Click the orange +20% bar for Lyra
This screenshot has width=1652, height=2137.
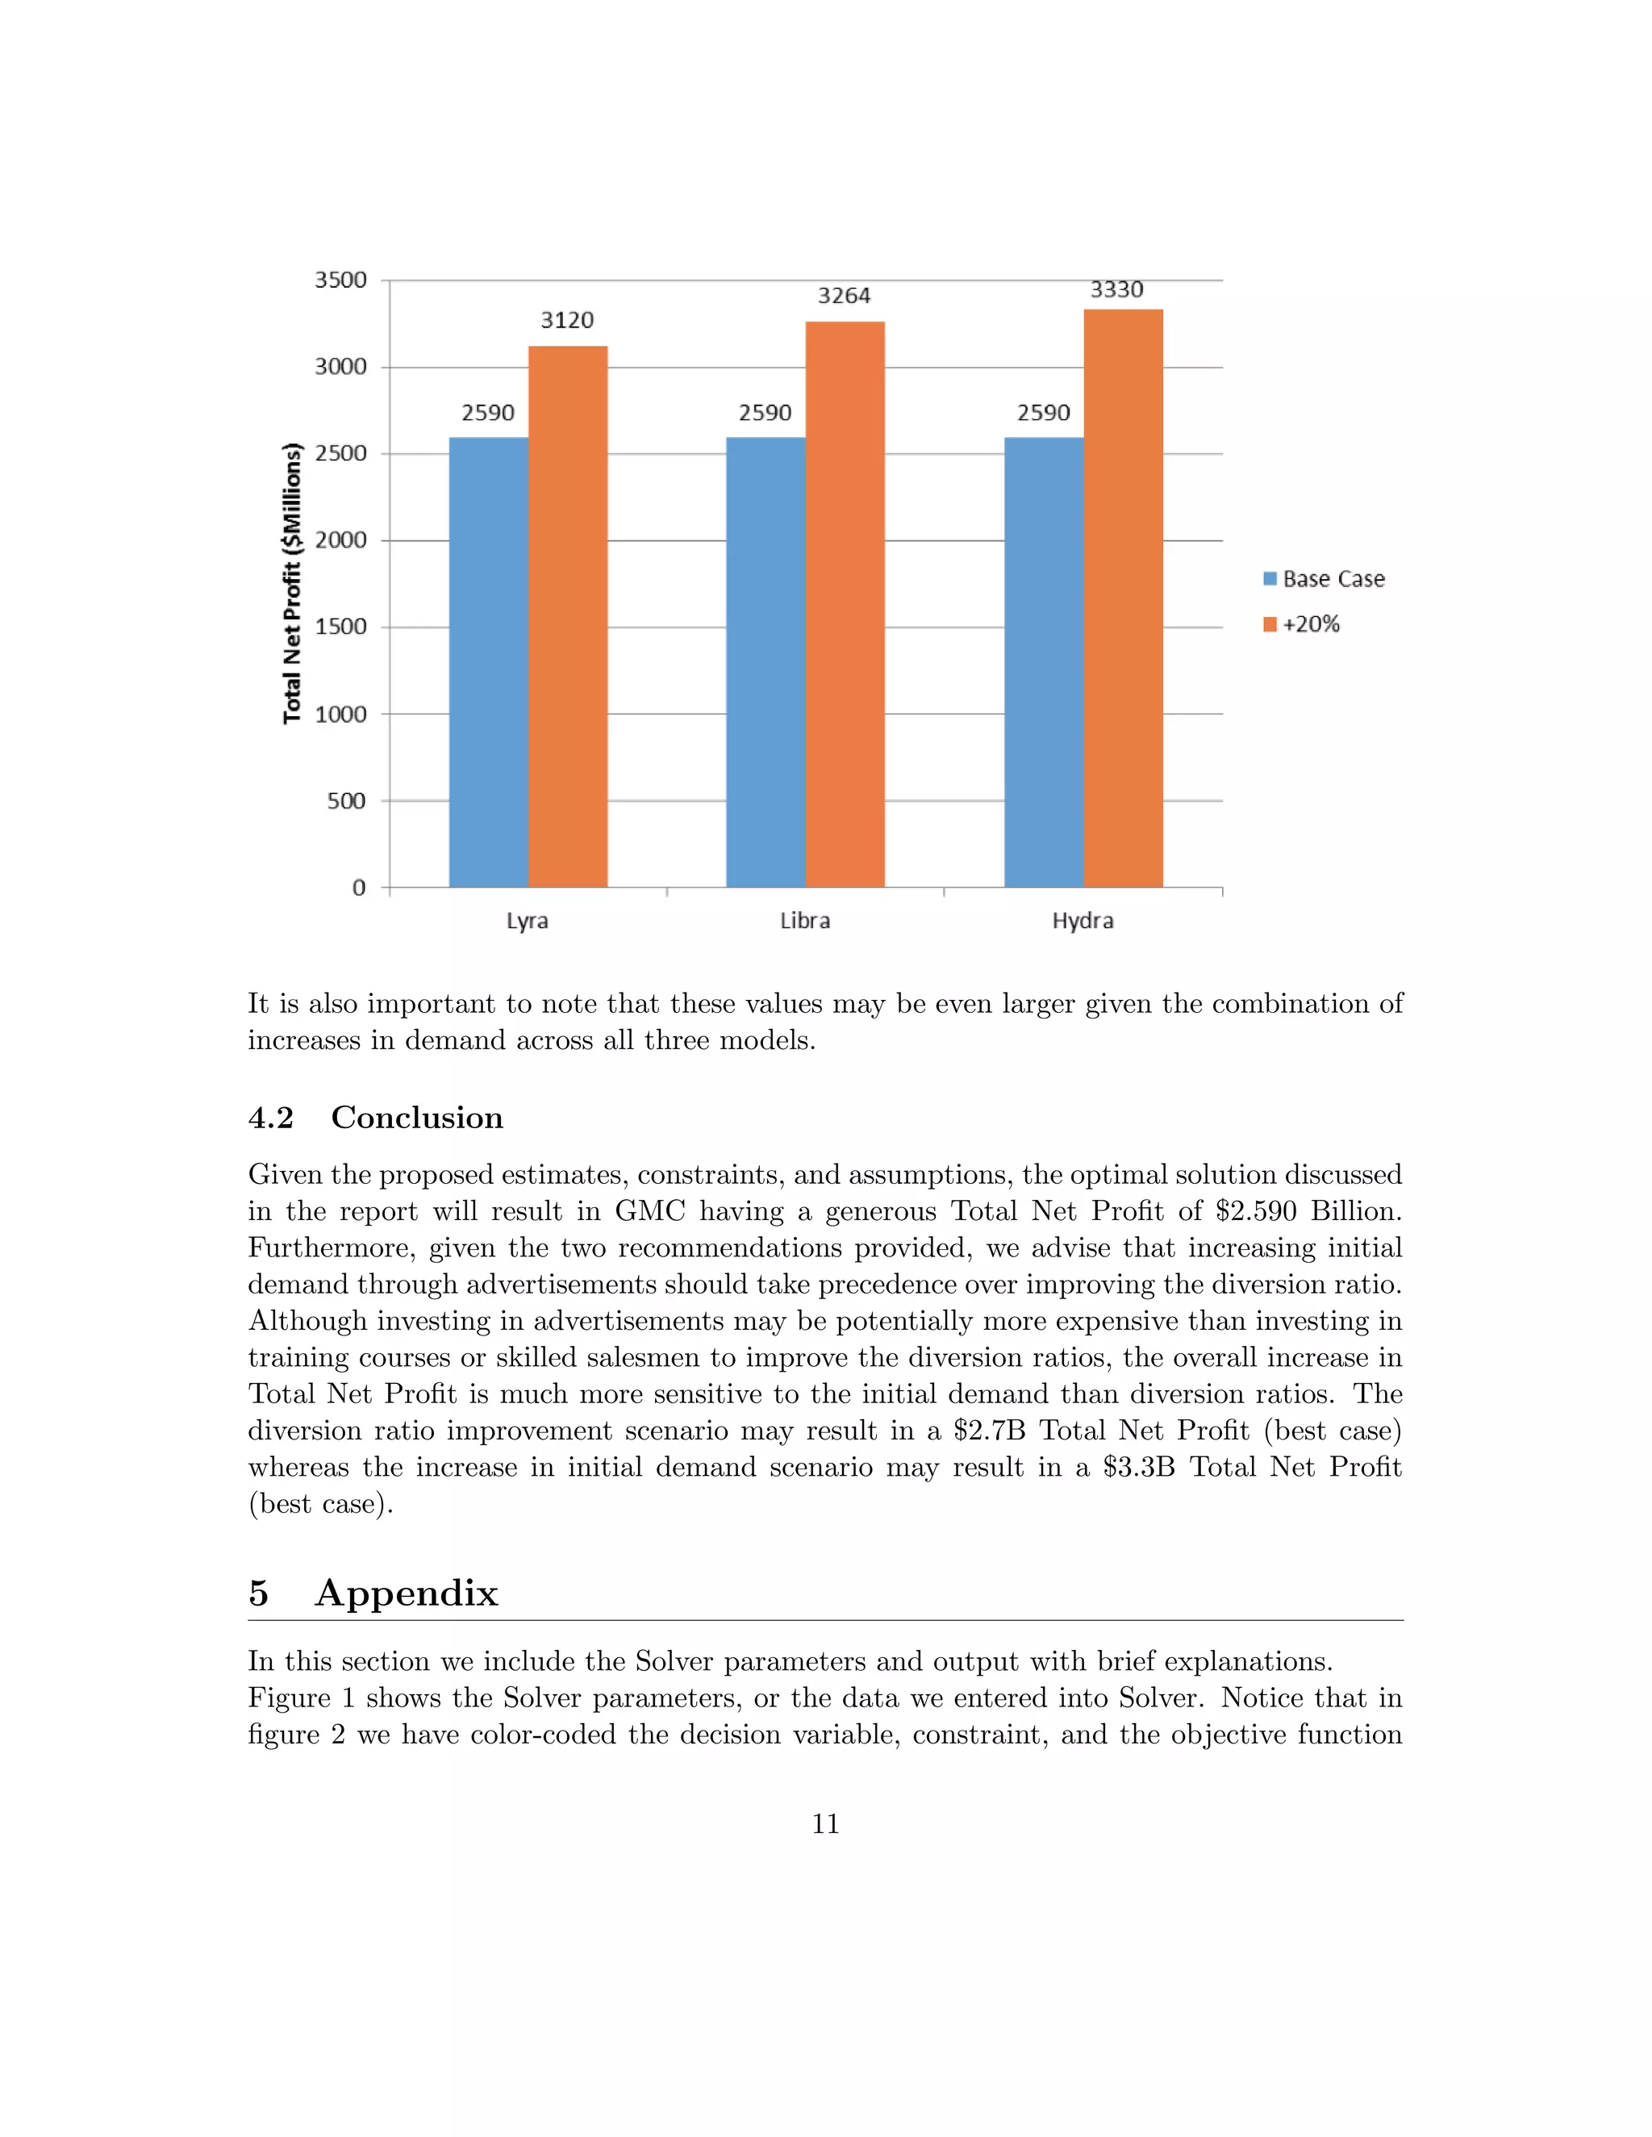(568, 616)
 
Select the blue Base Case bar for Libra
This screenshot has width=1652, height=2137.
(766, 662)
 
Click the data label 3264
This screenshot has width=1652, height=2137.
(844, 295)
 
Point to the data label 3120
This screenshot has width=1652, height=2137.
(566, 320)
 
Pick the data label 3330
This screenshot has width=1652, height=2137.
(1116, 290)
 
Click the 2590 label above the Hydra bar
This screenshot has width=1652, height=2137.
(1043, 413)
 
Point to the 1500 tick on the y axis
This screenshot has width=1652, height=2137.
(340, 627)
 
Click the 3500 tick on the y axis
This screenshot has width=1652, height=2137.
(340, 280)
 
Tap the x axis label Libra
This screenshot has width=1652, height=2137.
(804, 921)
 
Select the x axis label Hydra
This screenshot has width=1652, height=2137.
(1083, 921)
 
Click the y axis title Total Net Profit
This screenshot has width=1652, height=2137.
(292, 584)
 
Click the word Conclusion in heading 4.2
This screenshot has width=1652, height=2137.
(417, 1118)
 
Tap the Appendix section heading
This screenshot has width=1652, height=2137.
(407, 1593)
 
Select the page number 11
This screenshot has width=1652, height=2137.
(825, 1824)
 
